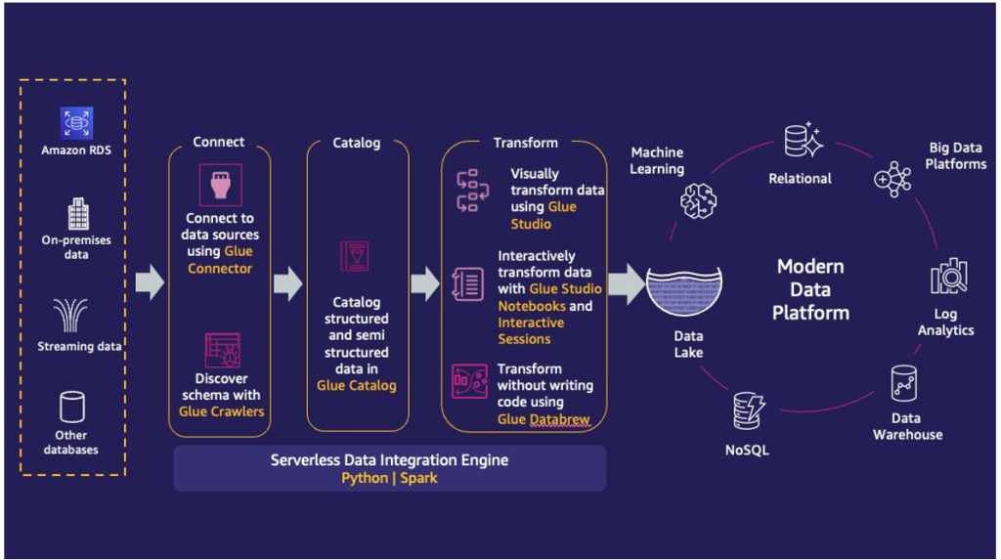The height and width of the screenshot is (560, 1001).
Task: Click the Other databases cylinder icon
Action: point(73,407)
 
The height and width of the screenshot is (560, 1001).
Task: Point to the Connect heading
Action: point(219,142)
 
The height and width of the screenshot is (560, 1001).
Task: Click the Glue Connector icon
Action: point(219,184)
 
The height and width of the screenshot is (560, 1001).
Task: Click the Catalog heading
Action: point(356,143)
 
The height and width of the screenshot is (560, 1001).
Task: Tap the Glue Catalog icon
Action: point(354,256)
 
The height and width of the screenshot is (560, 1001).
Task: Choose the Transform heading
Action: point(525,143)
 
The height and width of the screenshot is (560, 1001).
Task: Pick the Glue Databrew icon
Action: point(469,382)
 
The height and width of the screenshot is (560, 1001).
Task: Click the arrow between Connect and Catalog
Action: point(287,283)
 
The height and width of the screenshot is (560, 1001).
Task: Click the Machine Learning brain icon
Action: point(699,201)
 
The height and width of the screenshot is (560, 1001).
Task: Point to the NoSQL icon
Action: point(750,410)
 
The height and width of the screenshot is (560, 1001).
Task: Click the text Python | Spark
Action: point(389,479)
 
